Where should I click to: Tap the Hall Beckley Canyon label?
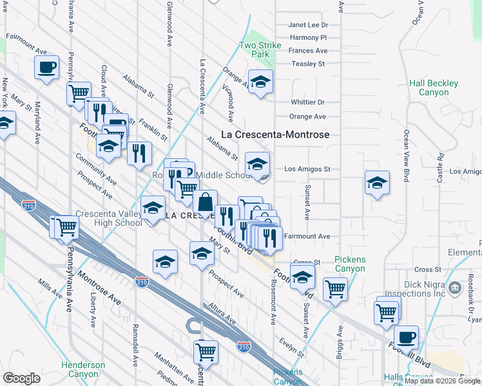(x=434, y=87)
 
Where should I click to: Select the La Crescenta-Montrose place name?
(x=275, y=134)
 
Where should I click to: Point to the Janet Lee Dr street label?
(x=308, y=25)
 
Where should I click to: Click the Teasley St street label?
(x=307, y=64)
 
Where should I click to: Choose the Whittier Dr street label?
(x=307, y=102)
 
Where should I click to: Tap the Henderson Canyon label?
(x=83, y=369)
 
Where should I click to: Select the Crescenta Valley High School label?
(x=108, y=218)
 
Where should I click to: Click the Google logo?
(x=22, y=378)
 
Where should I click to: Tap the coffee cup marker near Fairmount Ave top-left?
(x=46, y=67)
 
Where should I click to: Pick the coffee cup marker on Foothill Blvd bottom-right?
(x=406, y=336)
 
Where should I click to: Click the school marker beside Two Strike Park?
(x=260, y=82)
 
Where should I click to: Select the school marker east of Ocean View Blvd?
(x=377, y=183)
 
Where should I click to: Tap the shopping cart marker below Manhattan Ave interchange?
(x=206, y=351)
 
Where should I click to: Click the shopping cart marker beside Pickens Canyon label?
(x=335, y=288)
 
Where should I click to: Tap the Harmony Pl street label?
(x=309, y=38)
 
